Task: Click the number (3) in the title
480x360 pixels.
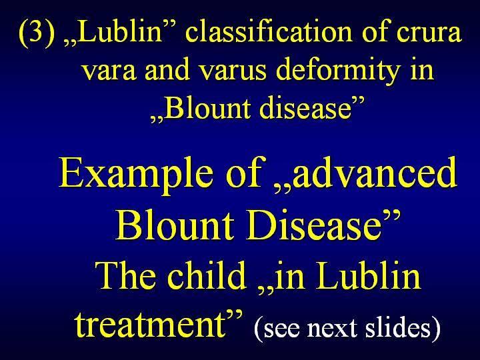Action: point(37,33)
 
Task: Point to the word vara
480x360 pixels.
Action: point(109,71)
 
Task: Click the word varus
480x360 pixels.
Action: point(233,71)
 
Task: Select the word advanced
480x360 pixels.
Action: point(374,172)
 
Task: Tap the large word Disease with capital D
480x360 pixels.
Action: point(314,225)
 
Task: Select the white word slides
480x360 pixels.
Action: point(397,326)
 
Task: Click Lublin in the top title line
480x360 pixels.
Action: point(121,31)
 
